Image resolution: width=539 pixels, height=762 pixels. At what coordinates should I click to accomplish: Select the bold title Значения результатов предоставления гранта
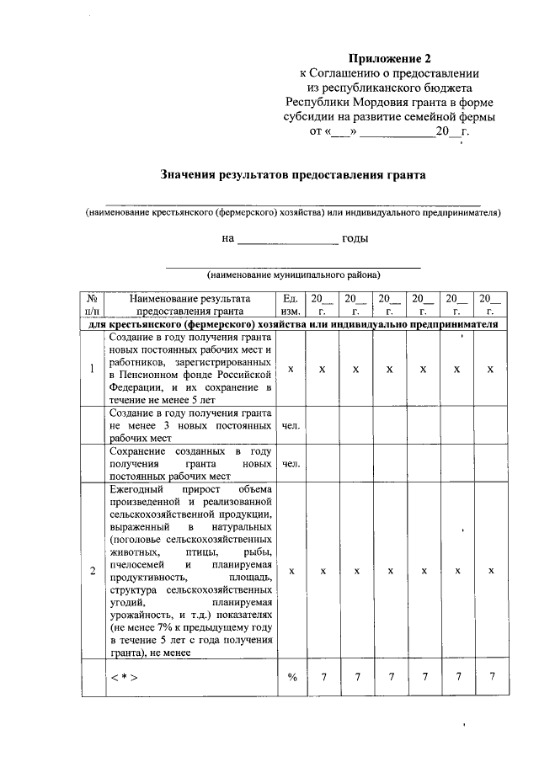point(293,175)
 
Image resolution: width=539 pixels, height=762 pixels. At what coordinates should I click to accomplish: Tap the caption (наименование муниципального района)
point(293,274)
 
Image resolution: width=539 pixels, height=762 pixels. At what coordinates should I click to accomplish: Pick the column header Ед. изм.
point(291,304)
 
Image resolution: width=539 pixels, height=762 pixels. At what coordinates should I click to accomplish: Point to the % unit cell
point(291,679)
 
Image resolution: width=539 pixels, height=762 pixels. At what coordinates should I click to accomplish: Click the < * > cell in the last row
point(123,679)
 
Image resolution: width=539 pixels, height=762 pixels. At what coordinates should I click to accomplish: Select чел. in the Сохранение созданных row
point(291,464)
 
